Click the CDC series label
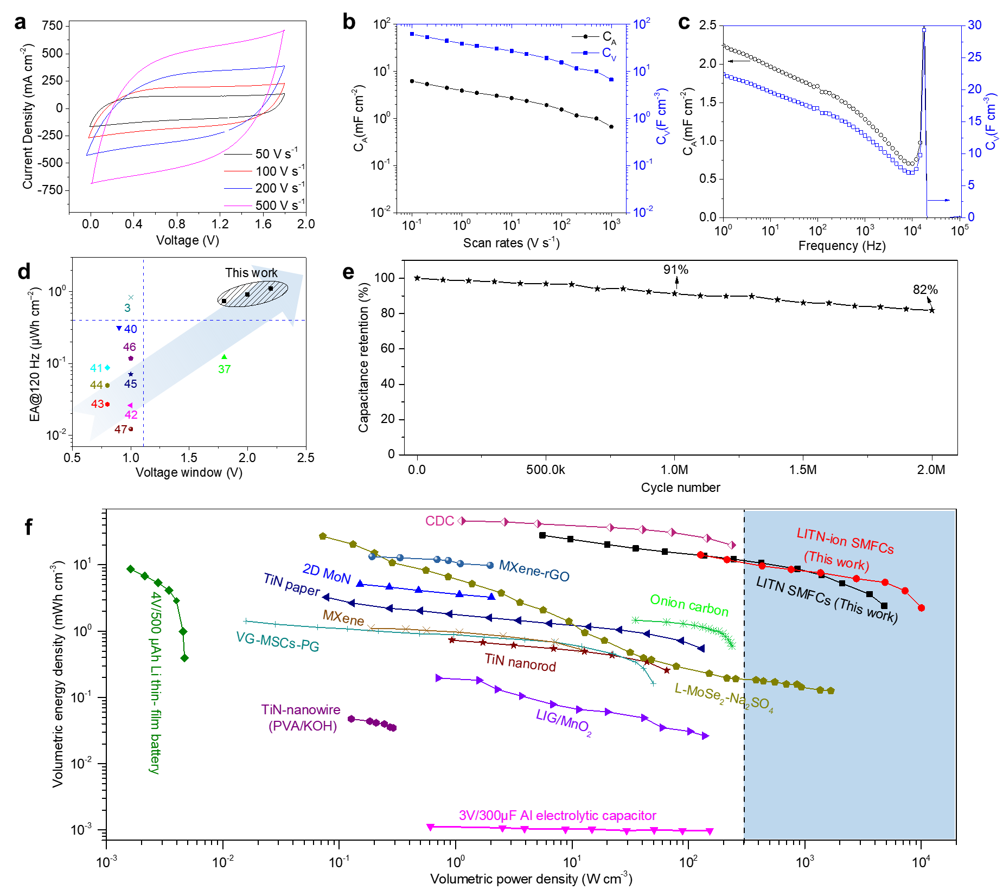(x=439, y=521)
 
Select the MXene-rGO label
(x=534, y=571)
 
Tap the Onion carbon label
(x=689, y=605)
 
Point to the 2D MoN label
(x=327, y=574)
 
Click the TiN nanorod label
(x=520, y=662)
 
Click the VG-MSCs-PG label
(x=277, y=642)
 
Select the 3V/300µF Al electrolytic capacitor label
(x=557, y=816)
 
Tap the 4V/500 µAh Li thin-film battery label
(x=156, y=683)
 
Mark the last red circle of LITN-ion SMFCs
(x=921, y=608)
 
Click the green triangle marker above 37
(x=224, y=357)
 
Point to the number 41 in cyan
(x=96, y=368)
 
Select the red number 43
(x=98, y=404)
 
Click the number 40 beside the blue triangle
(x=131, y=329)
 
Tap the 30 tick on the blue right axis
(x=974, y=25)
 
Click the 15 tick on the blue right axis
(x=974, y=121)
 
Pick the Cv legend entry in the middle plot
(x=608, y=53)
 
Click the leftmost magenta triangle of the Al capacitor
(x=430, y=827)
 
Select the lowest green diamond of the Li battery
(x=184, y=658)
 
